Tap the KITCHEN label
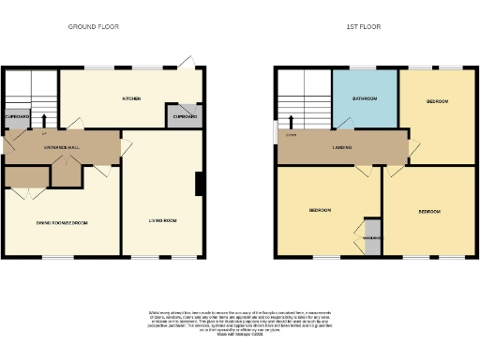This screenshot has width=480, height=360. pyautogui.click(x=130, y=97)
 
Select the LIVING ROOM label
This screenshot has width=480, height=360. pyautogui.click(x=162, y=221)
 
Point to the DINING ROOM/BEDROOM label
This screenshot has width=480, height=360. pyautogui.click(x=62, y=222)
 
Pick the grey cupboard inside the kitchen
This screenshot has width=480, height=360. pyautogui.click(x=185, y=116)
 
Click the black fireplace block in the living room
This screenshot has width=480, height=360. pyautogui.click(x=199, y=184)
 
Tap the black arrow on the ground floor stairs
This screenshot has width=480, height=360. pyautogui.click(x=31, y=121)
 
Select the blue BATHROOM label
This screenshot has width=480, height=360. pyautogui.click(x=365, y=97)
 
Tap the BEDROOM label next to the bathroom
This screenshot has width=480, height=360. pyautogui.click(x=437, y=101)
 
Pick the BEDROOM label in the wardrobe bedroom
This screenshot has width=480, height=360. pyautogui.click(x=320, y=211)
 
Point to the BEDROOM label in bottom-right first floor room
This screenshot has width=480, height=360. pyautogui.click(x=431, y=212)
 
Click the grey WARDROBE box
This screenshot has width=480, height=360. pyautogui.click(x=371, y=236)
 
